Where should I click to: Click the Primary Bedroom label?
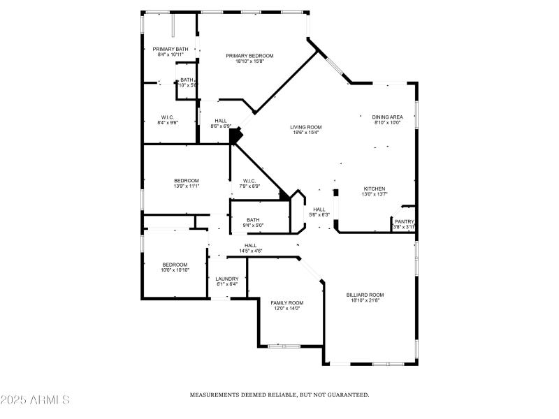[x=249, y=56]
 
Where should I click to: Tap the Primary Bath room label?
[x=170, y=49]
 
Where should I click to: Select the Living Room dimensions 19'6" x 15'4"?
[x=305, y=133]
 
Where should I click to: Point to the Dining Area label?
[x=386, y=117]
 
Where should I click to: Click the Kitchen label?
[x=375, y=189]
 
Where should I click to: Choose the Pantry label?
[x=405, y=221]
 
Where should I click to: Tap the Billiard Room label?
[x=365, y=295]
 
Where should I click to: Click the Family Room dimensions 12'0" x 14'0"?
[x=286, y=308]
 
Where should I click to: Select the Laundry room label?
[x=226, y=279]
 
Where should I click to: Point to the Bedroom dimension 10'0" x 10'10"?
[x=175, y=270]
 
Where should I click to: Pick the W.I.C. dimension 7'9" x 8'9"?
[x=249, y=186]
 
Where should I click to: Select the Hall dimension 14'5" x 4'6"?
[x=250, y=251]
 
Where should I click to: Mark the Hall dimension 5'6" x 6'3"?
[x=319, y=215]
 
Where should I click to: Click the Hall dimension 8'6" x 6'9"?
[x=221, y=126]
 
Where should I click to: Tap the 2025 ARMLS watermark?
[x=35, y=400]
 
